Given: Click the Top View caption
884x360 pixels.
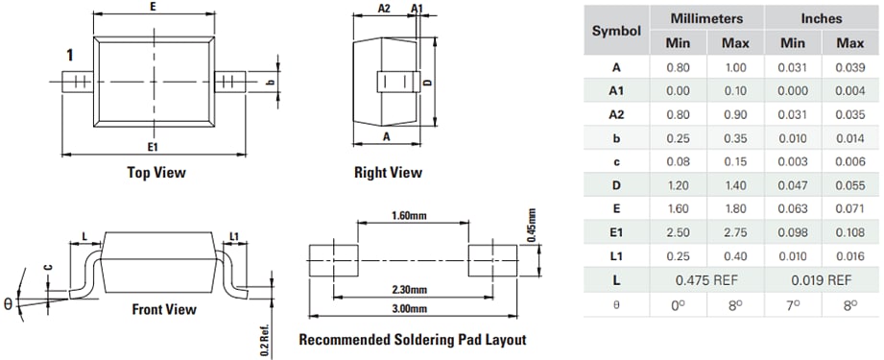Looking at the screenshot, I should pyautogui.click(x=156, y=173).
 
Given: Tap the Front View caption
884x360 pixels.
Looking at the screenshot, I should pyautogui.click(x=163, y=309).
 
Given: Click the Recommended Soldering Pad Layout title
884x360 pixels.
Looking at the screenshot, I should pyautogui.click(x=412, y=340).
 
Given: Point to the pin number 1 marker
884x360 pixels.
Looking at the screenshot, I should pyautogui.click(x=70, y=55).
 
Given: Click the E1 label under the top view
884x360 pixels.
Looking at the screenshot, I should pyautogui.click(x=154, y=146).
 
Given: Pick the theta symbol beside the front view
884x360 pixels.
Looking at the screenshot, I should pyautogui.click(x=10, y=303).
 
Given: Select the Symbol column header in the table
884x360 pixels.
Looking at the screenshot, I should pyautogui.click(x=616, y=31).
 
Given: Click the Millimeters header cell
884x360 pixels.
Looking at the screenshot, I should pyautogui.click(x=706, y=18).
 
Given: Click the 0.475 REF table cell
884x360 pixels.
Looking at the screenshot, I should pyautogui.click(x=706, y=280).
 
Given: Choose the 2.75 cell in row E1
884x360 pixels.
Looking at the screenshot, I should pyautogui.click(x=735, y=232).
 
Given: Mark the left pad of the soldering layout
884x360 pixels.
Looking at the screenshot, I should pyautogui.click(x=335, y=257).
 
